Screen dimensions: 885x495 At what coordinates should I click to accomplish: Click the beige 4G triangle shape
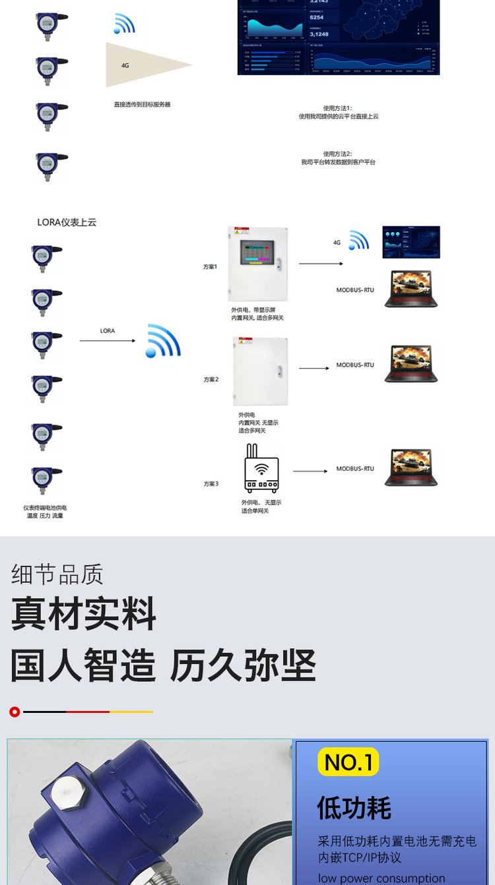(142, 65)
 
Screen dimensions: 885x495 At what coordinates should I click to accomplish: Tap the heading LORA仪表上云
(67, 222)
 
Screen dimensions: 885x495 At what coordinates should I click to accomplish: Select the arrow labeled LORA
(108, 340)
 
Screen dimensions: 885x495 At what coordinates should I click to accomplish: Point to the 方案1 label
(211, 267)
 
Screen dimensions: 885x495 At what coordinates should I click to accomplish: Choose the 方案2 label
(211, 379)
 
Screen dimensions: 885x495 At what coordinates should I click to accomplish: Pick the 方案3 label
(211, 484)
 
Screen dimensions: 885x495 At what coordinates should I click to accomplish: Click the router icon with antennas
(261, 469)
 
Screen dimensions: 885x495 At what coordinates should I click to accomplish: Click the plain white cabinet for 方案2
(260, 371)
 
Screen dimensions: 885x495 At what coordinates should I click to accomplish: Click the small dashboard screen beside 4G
(411, 242)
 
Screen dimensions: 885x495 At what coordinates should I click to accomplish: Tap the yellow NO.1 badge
(348, 762)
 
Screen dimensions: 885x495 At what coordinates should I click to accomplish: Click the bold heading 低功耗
(354, 808)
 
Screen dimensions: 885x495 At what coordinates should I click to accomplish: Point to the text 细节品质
(57, 574)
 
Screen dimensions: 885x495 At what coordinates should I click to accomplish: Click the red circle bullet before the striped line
(15, 712)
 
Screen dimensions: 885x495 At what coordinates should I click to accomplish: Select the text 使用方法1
(338, 108)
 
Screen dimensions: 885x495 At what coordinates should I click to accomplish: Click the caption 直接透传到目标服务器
(142, 104)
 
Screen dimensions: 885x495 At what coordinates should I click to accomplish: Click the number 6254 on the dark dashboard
(317, 17)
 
